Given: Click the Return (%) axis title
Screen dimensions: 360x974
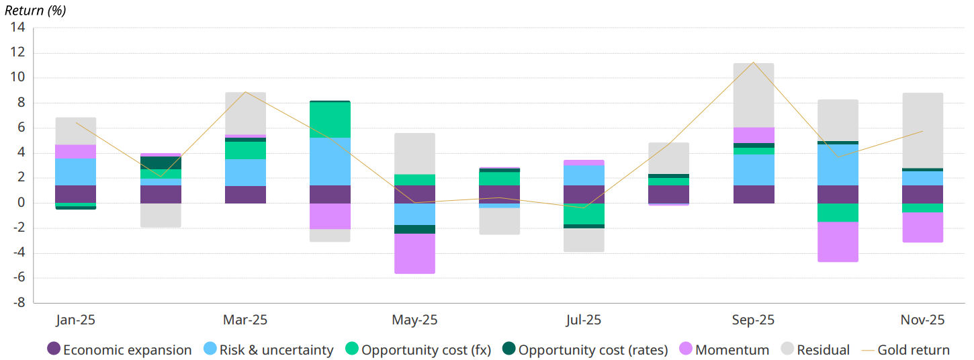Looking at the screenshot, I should [35, 10].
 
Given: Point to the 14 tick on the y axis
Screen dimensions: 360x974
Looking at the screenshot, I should [17, 28].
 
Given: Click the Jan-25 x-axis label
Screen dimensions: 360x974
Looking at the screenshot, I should [75, 320].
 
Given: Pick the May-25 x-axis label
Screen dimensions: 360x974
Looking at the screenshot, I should [414, 320].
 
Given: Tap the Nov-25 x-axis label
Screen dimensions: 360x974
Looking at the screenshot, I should [922, 320].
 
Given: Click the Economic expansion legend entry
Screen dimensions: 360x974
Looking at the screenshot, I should [120, 350].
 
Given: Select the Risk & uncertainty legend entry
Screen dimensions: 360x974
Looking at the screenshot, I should [268, 350].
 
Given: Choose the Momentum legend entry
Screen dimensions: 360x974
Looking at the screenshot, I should [724, 350].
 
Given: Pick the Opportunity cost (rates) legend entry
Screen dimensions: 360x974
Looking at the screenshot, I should [585, 350].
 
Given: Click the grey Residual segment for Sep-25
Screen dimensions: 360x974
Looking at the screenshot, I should [753, 95].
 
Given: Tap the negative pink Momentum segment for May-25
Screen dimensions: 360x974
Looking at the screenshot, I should [414, 253].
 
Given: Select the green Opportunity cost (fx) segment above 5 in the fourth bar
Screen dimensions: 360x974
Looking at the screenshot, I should [330, 120].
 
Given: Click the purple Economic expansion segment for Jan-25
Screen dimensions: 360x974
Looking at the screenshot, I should [75, 194].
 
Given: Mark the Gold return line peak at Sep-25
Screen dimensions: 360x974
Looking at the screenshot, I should [753, 62].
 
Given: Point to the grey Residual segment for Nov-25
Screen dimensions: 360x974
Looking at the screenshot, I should [922, 130].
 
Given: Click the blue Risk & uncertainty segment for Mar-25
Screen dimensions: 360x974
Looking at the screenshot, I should [245, 173].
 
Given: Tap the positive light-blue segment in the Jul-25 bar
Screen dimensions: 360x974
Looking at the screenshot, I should [584, 175].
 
